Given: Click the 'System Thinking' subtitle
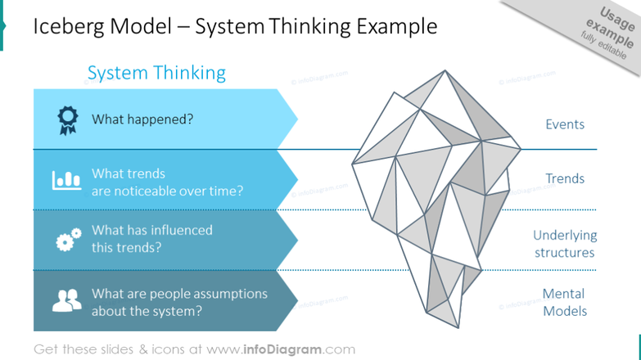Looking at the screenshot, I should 156,73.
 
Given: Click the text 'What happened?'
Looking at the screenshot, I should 142,119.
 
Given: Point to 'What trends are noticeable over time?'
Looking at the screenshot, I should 167,183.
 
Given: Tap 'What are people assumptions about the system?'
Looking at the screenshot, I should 179,302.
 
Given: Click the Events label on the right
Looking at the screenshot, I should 565,124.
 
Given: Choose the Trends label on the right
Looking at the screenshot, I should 565,178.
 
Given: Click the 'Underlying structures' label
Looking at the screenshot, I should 565,244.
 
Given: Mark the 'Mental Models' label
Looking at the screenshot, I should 565,302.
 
